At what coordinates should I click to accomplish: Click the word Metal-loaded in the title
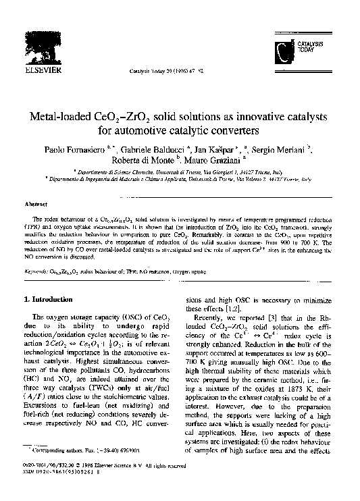[x=64, y=117]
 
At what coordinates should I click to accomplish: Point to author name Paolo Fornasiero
[x=74, y=150]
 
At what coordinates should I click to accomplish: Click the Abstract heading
[x=35, y=203]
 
